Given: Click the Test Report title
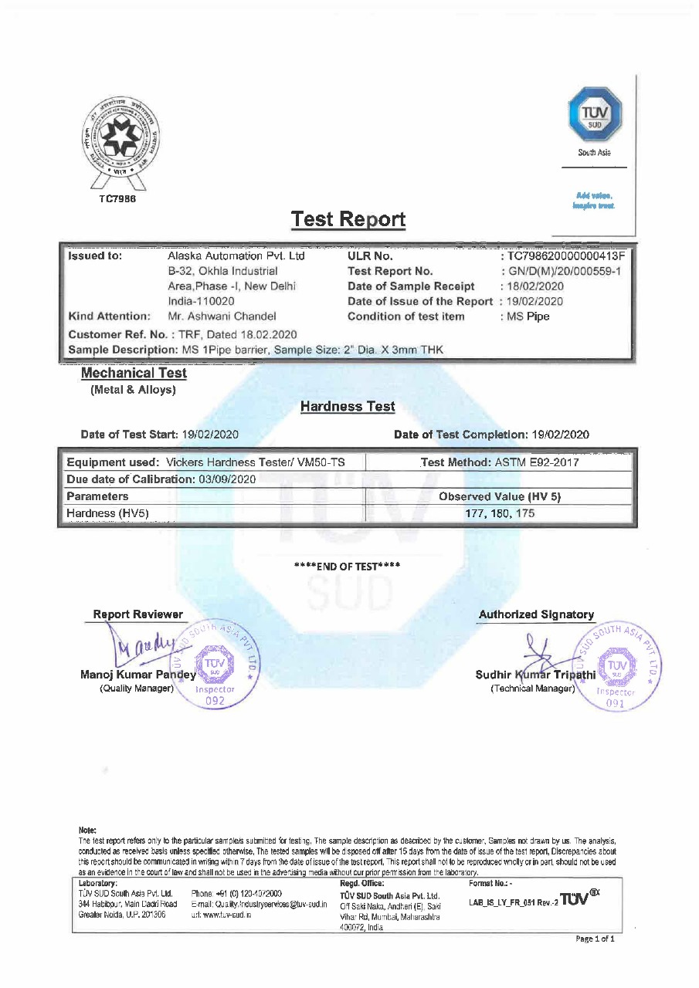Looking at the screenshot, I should [348, 220].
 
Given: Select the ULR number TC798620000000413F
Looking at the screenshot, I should [565, 256].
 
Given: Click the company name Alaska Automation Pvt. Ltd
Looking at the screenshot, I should [236, 256].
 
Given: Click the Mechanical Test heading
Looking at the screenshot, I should [134, 374].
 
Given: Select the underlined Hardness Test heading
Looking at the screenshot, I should [348, 407].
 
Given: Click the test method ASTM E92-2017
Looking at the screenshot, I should [534, 462].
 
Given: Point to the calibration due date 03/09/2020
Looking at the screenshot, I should [225, 479].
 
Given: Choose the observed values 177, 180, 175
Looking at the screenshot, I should [500, 513].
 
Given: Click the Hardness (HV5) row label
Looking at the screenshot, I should [108, 513].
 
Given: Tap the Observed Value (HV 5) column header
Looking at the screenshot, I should [499, 496].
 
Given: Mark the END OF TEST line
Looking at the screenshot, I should [348, 567].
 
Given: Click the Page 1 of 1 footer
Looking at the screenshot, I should [595, 939].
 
